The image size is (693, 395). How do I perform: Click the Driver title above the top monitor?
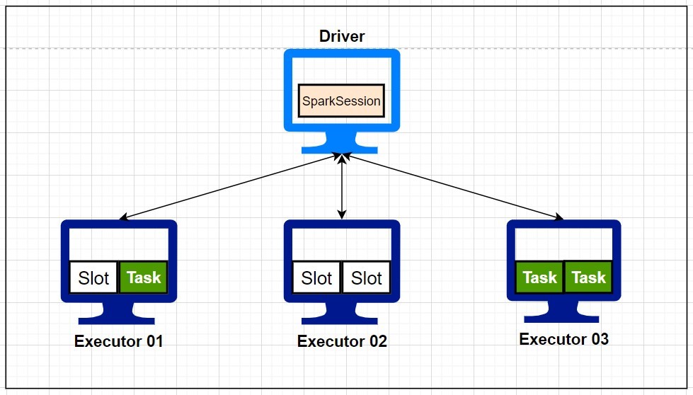342,36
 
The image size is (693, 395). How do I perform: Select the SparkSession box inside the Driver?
341,101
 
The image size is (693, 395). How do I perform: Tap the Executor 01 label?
118,341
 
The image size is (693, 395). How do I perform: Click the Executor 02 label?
342,341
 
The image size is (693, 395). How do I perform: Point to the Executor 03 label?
563,339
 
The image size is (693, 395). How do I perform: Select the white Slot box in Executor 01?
93,277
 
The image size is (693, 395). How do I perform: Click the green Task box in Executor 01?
144,277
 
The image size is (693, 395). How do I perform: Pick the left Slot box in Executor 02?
316,277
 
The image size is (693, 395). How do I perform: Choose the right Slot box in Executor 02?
367,277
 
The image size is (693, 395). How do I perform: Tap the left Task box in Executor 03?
539,277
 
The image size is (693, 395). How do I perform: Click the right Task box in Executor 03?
588,277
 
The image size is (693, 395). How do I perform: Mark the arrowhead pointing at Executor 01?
124,218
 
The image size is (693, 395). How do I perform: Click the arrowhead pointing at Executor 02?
342,214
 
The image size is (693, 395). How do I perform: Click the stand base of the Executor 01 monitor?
118,318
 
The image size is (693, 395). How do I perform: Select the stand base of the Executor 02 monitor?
342,318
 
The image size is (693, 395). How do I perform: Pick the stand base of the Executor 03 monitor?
563,316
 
